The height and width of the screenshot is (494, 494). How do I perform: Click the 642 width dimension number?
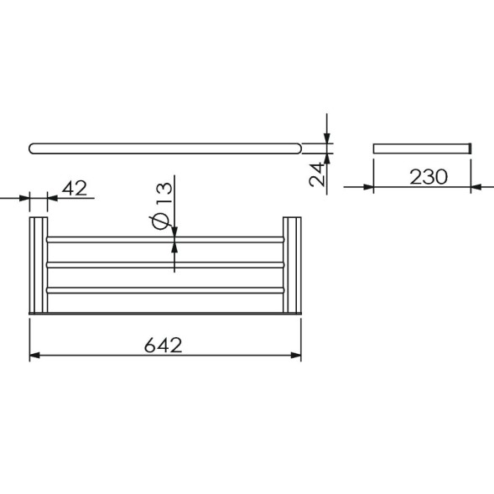point(164,345)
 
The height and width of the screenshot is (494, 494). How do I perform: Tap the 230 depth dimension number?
point(429,177)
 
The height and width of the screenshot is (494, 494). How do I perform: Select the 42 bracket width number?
point(75,189)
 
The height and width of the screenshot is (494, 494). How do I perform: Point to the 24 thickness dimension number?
point(316,174)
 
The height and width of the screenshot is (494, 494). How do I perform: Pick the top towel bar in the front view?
point(165,239)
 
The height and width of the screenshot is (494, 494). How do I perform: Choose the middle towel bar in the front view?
point(165,265)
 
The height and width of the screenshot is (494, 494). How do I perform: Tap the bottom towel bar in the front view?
point(165,290)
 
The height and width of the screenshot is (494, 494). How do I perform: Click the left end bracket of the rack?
point(38,265)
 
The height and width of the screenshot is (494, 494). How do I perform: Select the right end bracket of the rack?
point(292,265)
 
